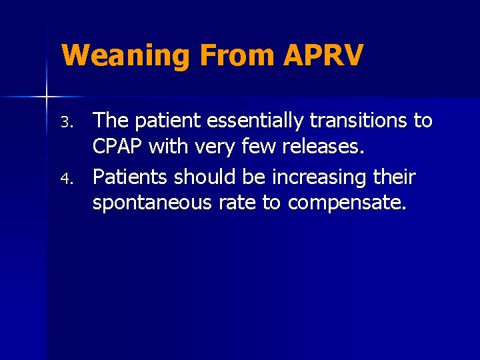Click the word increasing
pyautogui.click(x=313, y=178)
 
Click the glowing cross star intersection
pyautogui.click(x=46, y=97)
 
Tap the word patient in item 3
pyautogui.click(x=167, y=121)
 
